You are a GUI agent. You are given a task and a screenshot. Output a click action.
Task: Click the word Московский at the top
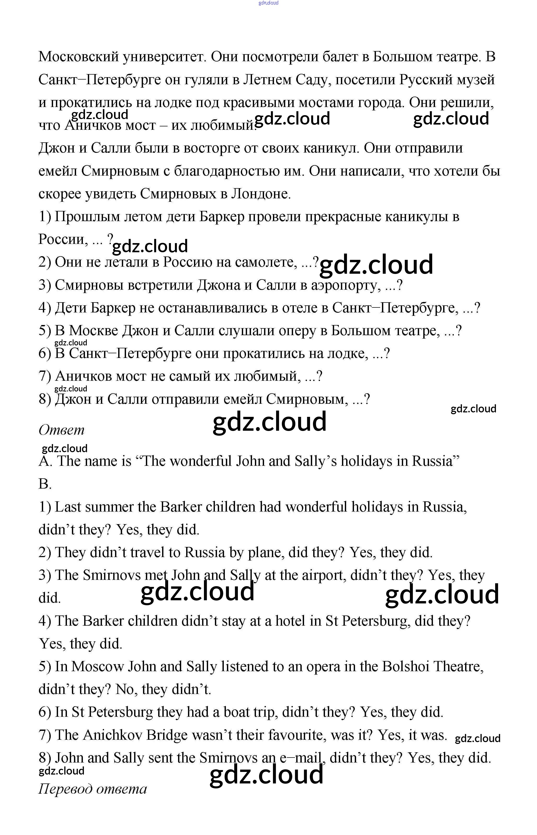78,57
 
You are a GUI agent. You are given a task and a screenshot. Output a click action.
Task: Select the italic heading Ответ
61,430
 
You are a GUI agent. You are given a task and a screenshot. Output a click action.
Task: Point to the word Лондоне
261,194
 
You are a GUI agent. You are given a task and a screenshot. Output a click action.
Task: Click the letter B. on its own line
45,484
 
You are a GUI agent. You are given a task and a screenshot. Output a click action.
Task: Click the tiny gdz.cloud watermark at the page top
268,3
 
